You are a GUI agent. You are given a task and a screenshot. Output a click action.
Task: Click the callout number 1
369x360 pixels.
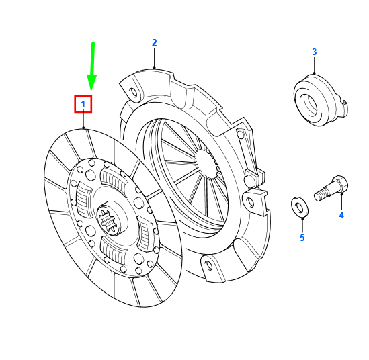(x=83, y=104)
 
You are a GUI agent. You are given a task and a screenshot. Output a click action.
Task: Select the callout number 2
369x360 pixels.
(x=154, y=42)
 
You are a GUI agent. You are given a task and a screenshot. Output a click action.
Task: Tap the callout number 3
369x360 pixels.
(x=314, y=52)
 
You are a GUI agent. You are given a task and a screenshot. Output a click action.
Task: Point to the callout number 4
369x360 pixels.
(x=341, y=215)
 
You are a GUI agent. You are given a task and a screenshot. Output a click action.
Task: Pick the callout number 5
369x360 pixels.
(x=302, y=238)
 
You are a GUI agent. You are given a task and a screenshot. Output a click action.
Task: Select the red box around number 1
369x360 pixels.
(x=83, y=104)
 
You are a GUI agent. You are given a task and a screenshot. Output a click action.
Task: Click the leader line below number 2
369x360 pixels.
(x=154, y=59)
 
